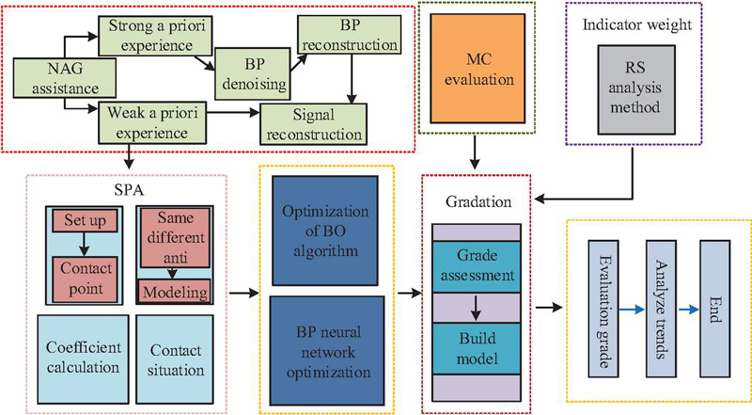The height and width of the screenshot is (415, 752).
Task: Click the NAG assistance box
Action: tap(64, 78)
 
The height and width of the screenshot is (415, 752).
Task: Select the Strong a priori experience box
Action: tap(155, 36)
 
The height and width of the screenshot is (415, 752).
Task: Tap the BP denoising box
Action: tap(252, 74)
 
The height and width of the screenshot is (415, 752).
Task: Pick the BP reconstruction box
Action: tap(349, 35)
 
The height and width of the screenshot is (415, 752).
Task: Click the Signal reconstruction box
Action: tap(314, 124)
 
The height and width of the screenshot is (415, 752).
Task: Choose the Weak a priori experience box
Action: tap(152, 122)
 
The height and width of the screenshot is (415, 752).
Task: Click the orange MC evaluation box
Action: tap(478, 69)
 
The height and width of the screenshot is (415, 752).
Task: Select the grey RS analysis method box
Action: tap(636, 89)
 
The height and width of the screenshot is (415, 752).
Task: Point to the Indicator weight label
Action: tap(637, 25)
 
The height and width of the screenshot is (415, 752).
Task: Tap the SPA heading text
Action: tap(129, 190)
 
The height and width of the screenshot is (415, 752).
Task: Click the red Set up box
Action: tap(85, 220)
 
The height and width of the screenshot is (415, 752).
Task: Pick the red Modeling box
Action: tap(175, 291)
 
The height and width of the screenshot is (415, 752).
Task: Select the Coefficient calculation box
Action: tap(83, 359)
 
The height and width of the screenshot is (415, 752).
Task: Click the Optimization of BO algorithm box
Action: tap(324, 231)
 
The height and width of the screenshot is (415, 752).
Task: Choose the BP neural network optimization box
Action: tap(327, 351)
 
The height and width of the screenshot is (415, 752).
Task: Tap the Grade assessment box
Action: tap(477, 266)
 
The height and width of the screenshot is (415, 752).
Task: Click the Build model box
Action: tap(477, 349)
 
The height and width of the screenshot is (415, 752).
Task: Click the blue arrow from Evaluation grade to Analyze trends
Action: tap(632, 310)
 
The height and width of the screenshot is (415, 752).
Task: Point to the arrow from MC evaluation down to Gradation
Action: tap(475, 152)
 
